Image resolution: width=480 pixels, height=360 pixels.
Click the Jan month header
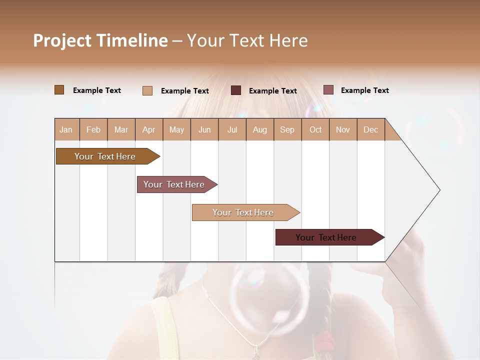(x=66, y=129)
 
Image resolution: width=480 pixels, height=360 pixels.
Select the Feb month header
(x=93, y=129)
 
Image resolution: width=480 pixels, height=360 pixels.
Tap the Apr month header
(x=148, y=129)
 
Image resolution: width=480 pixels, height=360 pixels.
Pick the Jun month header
(x=204, y=129)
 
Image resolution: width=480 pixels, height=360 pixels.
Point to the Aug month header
(x=259, y=129)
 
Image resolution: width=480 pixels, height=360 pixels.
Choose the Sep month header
(x=287, y=129)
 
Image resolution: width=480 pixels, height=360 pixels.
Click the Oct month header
(x=315, y=129)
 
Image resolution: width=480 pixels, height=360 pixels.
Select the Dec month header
(x=370, y=129)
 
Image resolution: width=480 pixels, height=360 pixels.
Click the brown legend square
(x=59, y=90)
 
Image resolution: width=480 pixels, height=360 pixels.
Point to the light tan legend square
(x=147, y=90)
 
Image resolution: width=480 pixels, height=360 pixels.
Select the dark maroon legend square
(x=236, y=90)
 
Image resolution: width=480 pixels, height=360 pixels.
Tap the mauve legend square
(x=328, y=90)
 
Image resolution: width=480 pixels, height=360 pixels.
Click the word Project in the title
(x=62, y=41)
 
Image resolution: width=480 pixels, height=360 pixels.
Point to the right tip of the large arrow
(x=439, y=190)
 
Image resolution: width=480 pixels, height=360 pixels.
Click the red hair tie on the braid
(x=325, y=341)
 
